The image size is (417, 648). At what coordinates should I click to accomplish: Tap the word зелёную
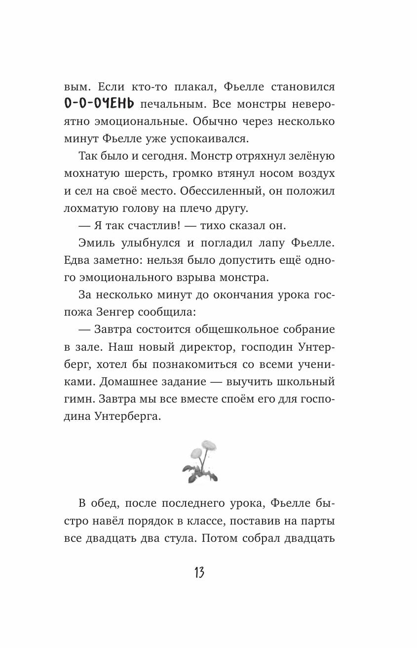308,157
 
